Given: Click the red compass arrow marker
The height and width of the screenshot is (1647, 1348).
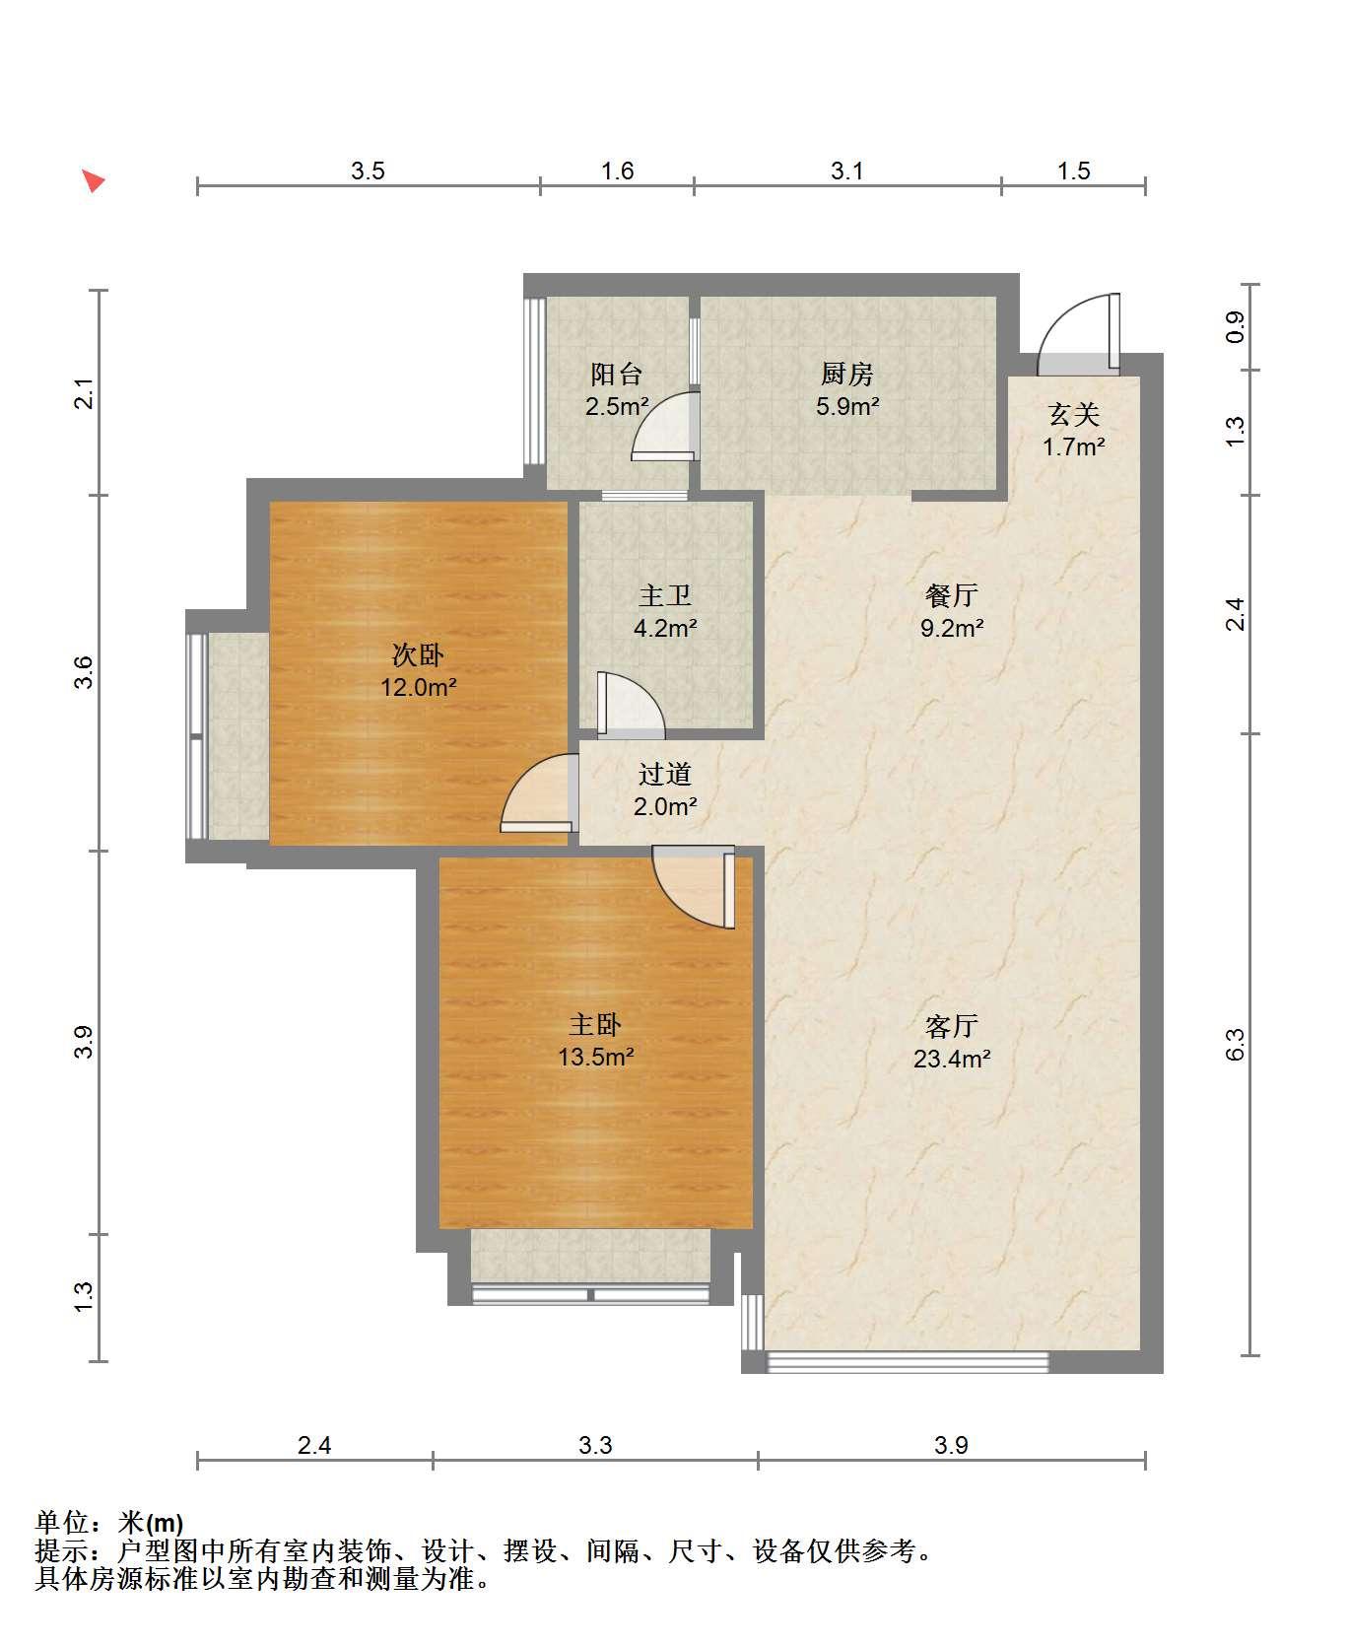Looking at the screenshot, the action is [94, 181].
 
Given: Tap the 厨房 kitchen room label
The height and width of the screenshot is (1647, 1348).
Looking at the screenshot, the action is [847, 374].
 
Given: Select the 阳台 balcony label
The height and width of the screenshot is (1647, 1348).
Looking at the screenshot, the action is [617, 374].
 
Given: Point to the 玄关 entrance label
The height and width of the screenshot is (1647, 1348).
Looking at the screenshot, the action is [1074, 415].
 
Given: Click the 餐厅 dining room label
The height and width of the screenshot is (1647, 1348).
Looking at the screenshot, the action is [952, 595].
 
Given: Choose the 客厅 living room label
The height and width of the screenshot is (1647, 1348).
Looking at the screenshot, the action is [952, 1026].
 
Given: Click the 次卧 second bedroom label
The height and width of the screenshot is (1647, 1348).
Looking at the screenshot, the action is [419, 655].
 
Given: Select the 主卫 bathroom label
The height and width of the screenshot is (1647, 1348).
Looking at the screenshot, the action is [665, 595].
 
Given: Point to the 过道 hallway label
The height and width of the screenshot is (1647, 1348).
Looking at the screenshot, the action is [665, 775].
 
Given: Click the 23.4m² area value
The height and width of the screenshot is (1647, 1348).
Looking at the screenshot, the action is [952, 1059].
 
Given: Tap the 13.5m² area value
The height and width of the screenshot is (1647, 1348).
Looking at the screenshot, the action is [595, 1058].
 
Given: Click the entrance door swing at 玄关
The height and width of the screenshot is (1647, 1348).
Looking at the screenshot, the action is [1080, 334].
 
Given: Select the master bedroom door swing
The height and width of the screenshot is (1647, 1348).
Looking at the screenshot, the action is [694, 887].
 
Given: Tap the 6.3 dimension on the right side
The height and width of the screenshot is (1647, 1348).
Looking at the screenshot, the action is [1236, 1044].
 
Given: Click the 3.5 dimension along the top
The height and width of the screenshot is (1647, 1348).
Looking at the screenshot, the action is [368, 172].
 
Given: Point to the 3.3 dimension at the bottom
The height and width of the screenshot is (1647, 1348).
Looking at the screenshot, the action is [595, 1445].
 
